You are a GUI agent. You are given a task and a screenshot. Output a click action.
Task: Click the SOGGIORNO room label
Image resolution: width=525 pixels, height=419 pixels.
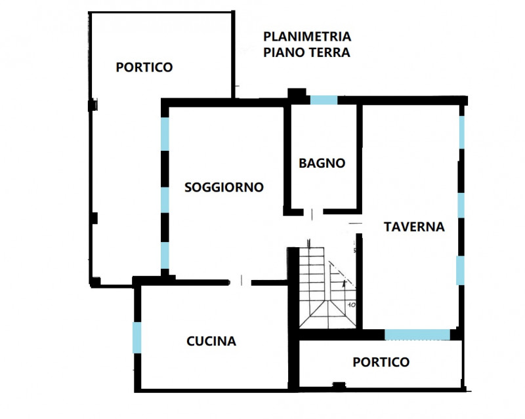coord(224,187)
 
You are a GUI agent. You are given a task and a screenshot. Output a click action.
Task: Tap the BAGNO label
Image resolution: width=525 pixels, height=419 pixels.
coord(322,163)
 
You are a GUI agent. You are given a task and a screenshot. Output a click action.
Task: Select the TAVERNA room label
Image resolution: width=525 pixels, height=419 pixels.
coord(414,227)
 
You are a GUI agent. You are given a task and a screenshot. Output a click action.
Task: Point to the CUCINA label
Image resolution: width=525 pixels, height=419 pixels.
coord(211,341)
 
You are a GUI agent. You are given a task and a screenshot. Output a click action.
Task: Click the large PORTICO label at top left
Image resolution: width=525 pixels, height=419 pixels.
coord(144,67)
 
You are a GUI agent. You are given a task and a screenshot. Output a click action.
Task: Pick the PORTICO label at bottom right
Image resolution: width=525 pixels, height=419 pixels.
coord(381,362)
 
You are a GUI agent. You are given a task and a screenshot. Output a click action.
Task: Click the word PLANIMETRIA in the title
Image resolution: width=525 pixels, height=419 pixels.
coord(307,37)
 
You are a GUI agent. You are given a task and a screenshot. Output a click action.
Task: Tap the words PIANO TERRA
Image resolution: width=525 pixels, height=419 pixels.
coord(306,52)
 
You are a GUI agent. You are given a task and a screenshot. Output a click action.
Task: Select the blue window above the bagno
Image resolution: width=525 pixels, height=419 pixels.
coord(323,100)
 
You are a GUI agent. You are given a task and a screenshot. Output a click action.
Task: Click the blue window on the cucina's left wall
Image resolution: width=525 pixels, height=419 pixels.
coord(137,337)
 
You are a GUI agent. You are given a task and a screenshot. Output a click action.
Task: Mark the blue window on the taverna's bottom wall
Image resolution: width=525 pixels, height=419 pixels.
coord(417,334)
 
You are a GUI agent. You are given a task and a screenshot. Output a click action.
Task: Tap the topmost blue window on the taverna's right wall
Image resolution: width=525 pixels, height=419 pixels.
coord(462,131)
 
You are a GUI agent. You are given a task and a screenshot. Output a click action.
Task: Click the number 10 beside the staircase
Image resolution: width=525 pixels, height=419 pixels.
coord(352,305)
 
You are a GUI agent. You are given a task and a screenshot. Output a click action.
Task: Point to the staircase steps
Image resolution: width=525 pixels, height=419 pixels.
coord(314,282)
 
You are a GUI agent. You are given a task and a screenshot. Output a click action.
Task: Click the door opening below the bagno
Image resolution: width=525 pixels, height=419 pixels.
coord(313,212)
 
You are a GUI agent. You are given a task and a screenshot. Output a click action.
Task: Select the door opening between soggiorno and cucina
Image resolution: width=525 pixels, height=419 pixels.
coord(241,282)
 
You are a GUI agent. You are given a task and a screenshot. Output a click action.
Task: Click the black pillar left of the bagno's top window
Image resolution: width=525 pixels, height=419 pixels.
coord(297,96)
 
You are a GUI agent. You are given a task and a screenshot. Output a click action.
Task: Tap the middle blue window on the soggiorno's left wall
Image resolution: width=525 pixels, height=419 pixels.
coord(165,199)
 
